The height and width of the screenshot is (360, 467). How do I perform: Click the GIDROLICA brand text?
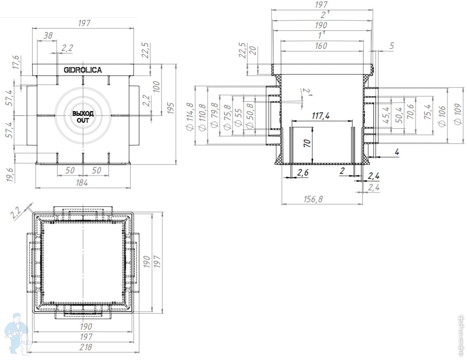[x=83, y=70]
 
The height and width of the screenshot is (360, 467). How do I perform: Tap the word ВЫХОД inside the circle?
[x=83, y=113]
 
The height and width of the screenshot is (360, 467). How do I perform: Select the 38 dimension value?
[x=48, y=36]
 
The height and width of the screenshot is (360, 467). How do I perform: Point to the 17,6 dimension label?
[x=16, y=62]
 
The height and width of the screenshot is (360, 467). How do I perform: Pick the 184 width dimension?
[x=82, y=183]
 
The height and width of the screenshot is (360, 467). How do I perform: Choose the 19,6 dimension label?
[x=10, y=175]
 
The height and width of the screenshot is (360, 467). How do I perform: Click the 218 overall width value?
[x=85, y=347]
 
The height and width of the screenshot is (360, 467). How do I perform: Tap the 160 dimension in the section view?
[x=321, y=46]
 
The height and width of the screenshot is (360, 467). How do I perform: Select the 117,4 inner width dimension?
[x=320, y=115]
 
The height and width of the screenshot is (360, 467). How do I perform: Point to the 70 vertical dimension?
[x=307, y=143]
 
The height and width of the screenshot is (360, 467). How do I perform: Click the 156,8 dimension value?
[x=313, y=199]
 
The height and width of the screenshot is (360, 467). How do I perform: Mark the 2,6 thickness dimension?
[x=303, y=173]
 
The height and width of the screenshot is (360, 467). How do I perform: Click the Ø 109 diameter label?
[x=458, y=114]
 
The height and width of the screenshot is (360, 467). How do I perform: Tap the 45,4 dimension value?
[x=386, y=115]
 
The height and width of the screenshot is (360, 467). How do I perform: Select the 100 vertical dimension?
[x=156, y=87]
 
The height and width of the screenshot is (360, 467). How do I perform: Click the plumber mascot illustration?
[x=17, y=333]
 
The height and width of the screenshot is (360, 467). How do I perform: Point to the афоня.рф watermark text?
[x=461, y=336]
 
